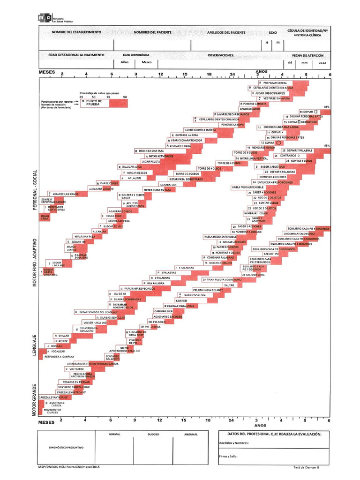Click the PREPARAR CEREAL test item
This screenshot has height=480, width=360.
[277, 83]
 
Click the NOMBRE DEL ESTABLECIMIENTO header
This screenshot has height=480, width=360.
[76, 32]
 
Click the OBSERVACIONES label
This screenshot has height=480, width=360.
[221, 55]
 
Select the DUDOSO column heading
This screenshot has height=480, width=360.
[153, 435]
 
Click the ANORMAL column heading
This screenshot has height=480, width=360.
[191, 435]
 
